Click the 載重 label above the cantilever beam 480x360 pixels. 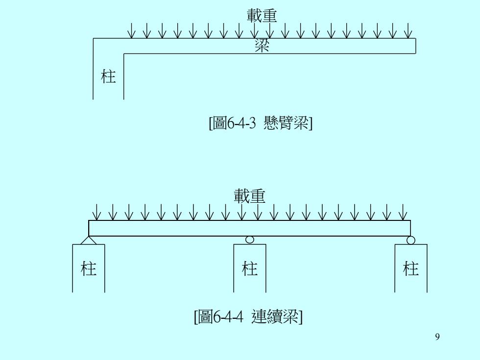point(262,16)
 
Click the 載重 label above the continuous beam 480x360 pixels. point(249,196)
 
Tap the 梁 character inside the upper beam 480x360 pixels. point(262,46)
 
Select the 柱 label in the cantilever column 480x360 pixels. point(108,76)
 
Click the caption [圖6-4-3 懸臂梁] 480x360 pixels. point(261,123)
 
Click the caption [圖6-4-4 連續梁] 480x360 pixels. point(248,316)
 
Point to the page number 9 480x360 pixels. point(437,337)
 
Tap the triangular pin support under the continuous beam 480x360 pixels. point(89,240)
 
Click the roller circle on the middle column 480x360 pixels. point(250,240)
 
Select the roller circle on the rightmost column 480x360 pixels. point(411,240)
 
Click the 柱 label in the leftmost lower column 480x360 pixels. point(89,268)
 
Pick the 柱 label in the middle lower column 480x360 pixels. point(249,268)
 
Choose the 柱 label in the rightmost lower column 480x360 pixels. point(410,268)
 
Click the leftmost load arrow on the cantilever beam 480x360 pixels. point(131,30)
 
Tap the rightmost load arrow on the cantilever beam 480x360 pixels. point(408,30)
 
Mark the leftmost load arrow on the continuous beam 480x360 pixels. point(96,213)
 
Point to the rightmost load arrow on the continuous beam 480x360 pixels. point(403,213)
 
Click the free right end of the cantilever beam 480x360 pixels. point(416,46)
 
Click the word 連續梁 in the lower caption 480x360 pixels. point(275,316)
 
